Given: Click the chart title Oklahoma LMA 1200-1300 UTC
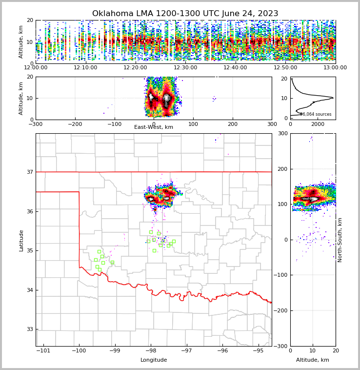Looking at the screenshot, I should (185, 14).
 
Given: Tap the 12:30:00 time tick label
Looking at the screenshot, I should (185, 68).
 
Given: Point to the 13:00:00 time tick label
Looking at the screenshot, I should (335, 68).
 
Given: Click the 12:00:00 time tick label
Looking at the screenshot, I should (36, 68).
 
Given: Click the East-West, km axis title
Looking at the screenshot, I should (154, 127).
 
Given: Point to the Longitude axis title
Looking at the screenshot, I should (154, 360).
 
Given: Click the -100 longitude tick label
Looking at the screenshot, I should (79, 351).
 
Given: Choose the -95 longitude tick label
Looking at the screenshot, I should (258, 351).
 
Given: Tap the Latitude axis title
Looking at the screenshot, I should (21, 240).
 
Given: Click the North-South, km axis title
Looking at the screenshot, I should (340, 240).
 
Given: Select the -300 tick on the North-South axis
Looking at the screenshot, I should (282, 346).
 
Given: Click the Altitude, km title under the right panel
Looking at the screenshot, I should (313, 360).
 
